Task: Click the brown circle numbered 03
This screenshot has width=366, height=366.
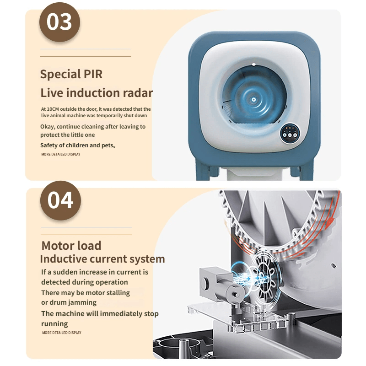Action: coord(60,22)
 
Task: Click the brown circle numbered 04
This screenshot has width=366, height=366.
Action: coord(61,200)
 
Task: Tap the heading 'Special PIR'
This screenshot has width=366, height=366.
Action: coord(71,74)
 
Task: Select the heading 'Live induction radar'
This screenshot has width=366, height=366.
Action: coord(97,93)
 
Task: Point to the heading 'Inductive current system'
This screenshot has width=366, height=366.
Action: coord(102,259)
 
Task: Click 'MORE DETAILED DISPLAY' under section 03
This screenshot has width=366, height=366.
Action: coord(60,155)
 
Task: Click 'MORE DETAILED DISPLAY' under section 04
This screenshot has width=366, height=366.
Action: coord(61,333)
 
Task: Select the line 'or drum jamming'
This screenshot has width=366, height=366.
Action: coord(69,302)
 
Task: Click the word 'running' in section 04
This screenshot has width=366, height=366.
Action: coord(54,324)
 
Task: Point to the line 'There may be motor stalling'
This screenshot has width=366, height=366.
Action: coord(86,293)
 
